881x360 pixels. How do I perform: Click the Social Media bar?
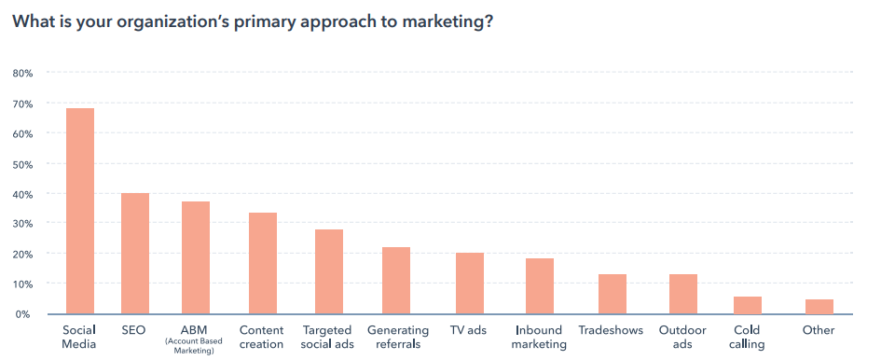[x=79, y=212]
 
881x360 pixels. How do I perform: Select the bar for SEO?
[x=134, y=254]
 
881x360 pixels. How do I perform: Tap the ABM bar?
[x=195, y=258]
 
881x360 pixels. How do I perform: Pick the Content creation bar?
[x=262, y=264]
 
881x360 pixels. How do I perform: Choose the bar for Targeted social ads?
[x=329, y=271]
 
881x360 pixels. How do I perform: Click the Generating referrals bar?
[x=396, y=281]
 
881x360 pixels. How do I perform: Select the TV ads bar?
[x=470, y=284]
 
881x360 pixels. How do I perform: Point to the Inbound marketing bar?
[x=539, y=286]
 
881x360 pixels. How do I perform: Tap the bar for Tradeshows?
[x=612, y=294]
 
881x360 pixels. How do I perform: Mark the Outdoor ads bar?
[x=682, y=294]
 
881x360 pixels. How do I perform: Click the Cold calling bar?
[x=748, y=305]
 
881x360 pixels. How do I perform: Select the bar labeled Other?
[x=819, y=307]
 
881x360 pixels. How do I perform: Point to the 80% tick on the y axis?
[x=22, y=74]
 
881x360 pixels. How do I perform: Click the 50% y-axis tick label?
[x=22, y=164]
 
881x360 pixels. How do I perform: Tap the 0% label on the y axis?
[x=25, y=314]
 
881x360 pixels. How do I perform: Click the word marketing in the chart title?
[x=440, y=22]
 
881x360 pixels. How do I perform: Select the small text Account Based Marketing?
[x=196, y=346]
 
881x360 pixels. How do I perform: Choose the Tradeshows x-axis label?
[x=611, y=330]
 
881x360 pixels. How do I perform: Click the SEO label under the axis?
[x=133, y=330]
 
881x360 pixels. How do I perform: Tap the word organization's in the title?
[x=164, y=22]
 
